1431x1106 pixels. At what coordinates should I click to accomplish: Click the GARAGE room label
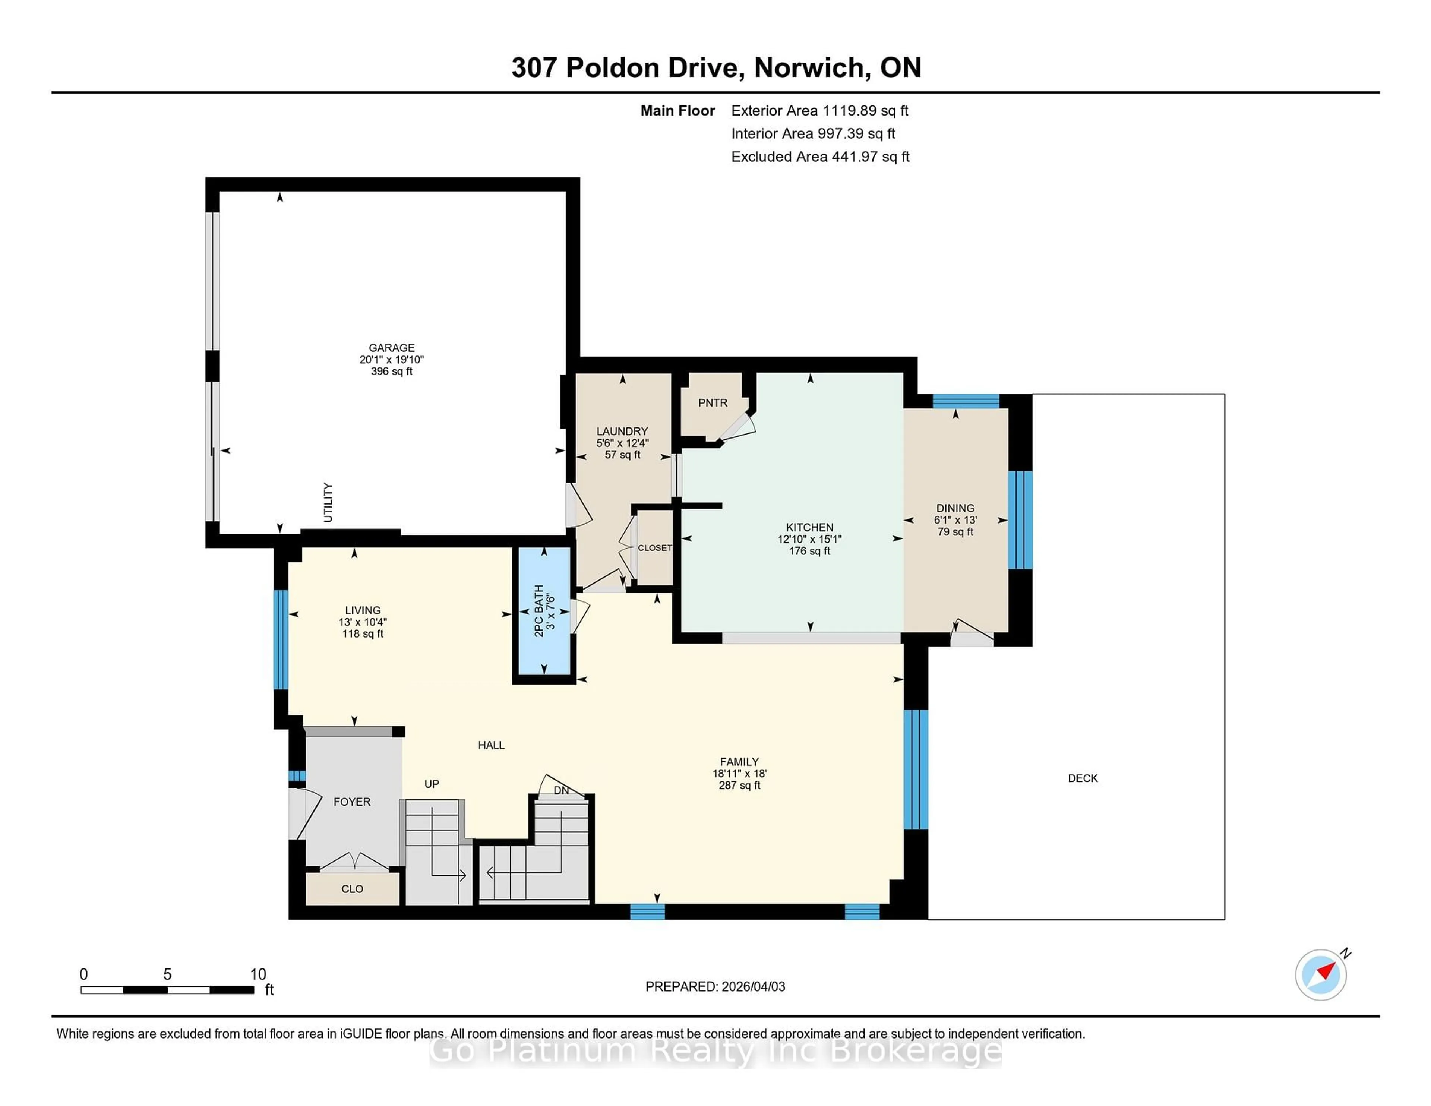coord(391,348)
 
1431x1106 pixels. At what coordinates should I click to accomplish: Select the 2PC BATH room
coord(544,611)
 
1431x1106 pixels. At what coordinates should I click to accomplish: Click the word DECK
coord(1083,778)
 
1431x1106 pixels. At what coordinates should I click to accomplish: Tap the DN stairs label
coord(561,791)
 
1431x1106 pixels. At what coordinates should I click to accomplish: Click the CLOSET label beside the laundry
coord(654,548)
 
